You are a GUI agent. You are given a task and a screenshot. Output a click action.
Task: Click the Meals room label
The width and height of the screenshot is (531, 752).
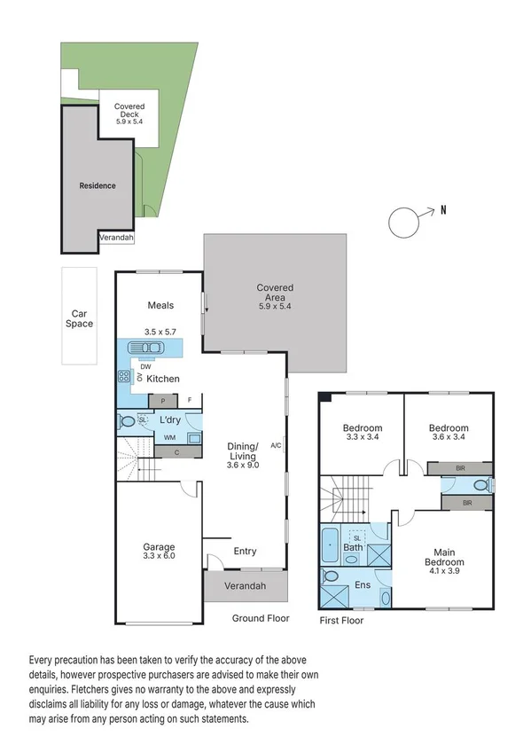click(160, 306)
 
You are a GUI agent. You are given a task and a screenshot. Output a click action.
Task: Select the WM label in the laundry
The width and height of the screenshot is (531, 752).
click(169, 437)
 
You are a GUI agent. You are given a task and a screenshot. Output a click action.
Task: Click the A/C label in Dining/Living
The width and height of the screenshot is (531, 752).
click(277, 446)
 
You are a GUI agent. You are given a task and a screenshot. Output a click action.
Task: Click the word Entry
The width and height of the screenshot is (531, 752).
click(245, 552)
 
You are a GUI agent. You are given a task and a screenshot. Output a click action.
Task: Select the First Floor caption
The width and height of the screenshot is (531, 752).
click(341, 621)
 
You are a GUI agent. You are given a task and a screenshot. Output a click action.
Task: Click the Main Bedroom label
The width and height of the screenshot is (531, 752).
click(443, 557)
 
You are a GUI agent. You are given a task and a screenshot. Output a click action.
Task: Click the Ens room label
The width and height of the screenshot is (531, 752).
click(361, 585)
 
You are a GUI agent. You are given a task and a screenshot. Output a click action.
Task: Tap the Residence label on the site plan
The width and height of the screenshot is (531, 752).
click(98, 186)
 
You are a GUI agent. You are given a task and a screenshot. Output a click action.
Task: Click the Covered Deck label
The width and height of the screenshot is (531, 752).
click(129, 112)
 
